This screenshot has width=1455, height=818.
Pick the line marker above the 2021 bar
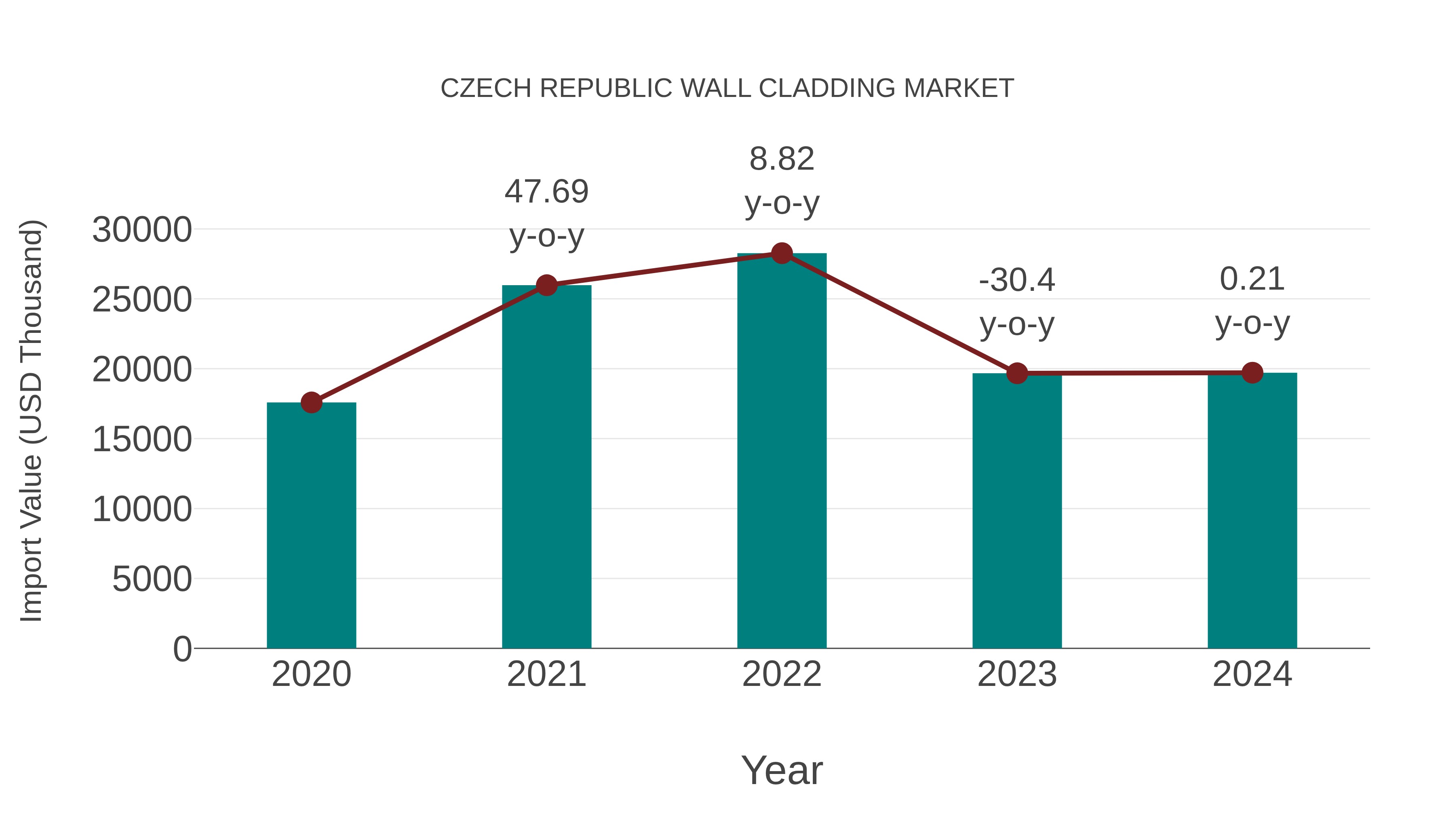[x=546, y=285]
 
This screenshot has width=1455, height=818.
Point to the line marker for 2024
[x=1252, y=372]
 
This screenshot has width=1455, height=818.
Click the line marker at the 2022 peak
[x=782, y=253]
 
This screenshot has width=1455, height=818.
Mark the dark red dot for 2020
[x=311, y=402]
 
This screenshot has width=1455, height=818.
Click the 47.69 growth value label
[x=546, y=191]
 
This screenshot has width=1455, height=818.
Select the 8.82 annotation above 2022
[x=782, y=159]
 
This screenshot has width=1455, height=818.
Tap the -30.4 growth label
[x=1017, y=280]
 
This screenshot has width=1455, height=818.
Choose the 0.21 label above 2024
[x=1252, y=279]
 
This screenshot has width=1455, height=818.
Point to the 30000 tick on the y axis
[x=142, y=230]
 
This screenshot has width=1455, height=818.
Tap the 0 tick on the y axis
[x=182, y=649]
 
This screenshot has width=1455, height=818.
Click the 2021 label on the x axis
[x=546, y=674]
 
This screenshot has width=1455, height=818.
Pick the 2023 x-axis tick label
[x=1017, y=674]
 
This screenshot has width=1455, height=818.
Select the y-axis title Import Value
[x=31, y=421]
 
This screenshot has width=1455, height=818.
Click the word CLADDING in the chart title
[x=827, y=88]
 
